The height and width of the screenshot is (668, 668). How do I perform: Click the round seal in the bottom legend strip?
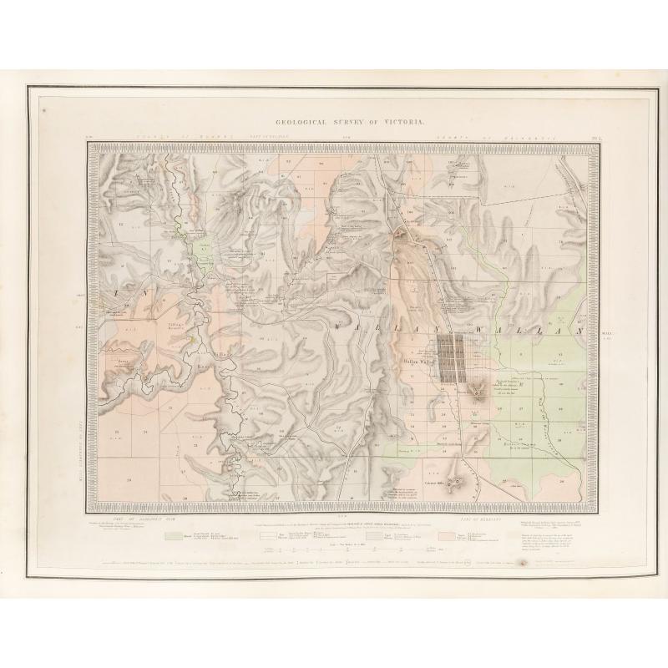point(524,564)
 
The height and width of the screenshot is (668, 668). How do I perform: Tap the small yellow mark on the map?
point(190,339)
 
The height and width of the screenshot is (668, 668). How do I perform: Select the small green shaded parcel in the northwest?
point(201,250)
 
